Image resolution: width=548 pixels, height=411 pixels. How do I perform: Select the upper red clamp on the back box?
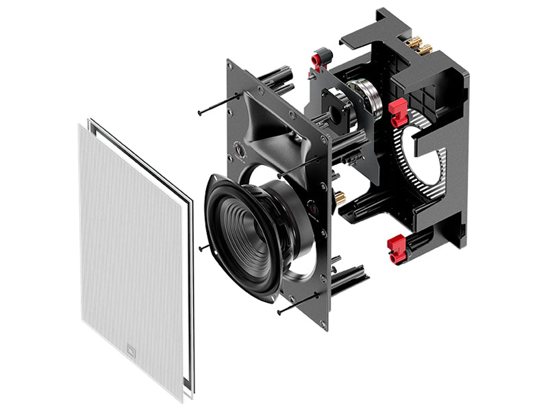point(397,112)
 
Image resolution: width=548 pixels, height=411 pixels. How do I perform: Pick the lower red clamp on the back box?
point(397,247)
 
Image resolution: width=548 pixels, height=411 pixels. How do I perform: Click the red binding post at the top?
point(319,59)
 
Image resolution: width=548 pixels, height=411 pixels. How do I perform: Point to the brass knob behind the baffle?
point(339,199)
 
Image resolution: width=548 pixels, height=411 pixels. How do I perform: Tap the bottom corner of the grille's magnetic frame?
point(184,399)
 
